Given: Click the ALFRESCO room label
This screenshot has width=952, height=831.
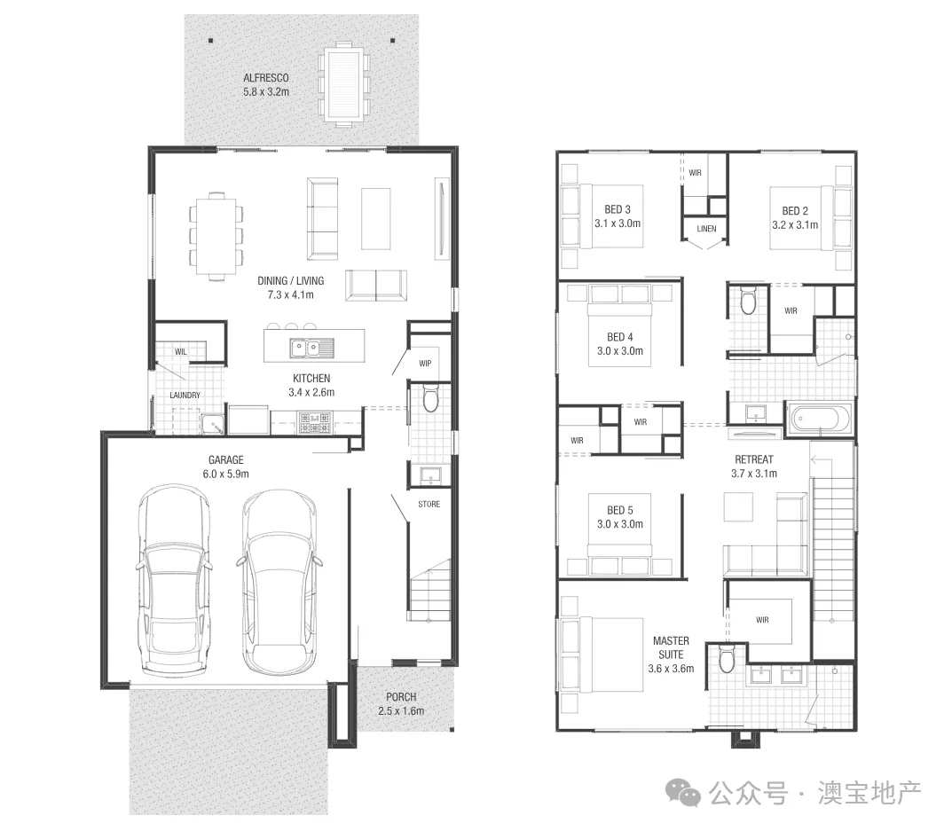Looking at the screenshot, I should click(x=265, y=84).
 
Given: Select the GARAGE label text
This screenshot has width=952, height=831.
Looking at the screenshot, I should click(x=225, y=466).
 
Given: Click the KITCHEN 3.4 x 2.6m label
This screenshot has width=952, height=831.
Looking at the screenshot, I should click(x=311, y=385).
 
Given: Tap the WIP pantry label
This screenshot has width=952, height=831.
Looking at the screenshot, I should click(x=424, y=364).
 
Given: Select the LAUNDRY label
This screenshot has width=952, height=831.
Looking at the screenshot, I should click(x=185, y=396).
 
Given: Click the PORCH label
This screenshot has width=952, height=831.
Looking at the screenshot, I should click(x=401, y=703).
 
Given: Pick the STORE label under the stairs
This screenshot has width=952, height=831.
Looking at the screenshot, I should click(x=429, y=505).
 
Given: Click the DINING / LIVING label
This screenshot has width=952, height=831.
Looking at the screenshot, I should click(x=286, y=287).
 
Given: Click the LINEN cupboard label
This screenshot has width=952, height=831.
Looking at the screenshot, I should click(x=706, y=229).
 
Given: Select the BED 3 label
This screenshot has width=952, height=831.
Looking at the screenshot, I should click(x=618, y=216).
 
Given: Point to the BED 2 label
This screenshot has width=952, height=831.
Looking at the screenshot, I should click(x=795, y=217).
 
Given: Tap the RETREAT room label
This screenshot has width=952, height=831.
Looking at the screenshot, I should click(x=753, y=466).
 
